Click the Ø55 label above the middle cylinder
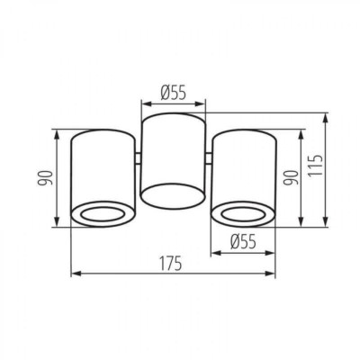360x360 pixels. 174,92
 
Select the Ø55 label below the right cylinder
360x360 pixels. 244,242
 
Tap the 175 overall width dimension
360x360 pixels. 170,263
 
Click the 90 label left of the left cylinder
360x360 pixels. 45,178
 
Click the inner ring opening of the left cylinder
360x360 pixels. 103,215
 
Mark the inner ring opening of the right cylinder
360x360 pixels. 243,214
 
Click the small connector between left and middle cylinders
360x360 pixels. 138,158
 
